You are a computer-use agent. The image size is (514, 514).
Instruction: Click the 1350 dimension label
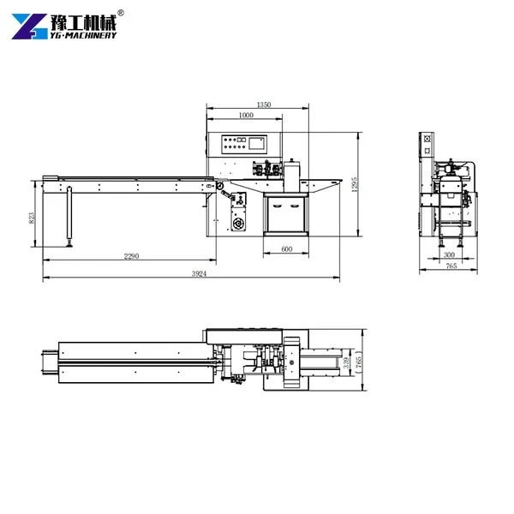[264, 105]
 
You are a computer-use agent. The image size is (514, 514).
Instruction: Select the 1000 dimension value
[246, 115]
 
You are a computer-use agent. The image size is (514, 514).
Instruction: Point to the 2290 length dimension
[131, 256]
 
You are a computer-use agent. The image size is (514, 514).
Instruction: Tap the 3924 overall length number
[199, 273]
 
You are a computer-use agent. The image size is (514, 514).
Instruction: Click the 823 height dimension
[32, 218]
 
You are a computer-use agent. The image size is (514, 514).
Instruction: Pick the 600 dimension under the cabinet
[287, 248]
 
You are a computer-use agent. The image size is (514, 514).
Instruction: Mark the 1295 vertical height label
[355, 184]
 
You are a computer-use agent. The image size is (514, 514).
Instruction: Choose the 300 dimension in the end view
[449, 254]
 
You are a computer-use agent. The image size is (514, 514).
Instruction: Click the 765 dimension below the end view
[451, 266]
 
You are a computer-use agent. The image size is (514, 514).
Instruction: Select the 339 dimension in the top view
[346, 362]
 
